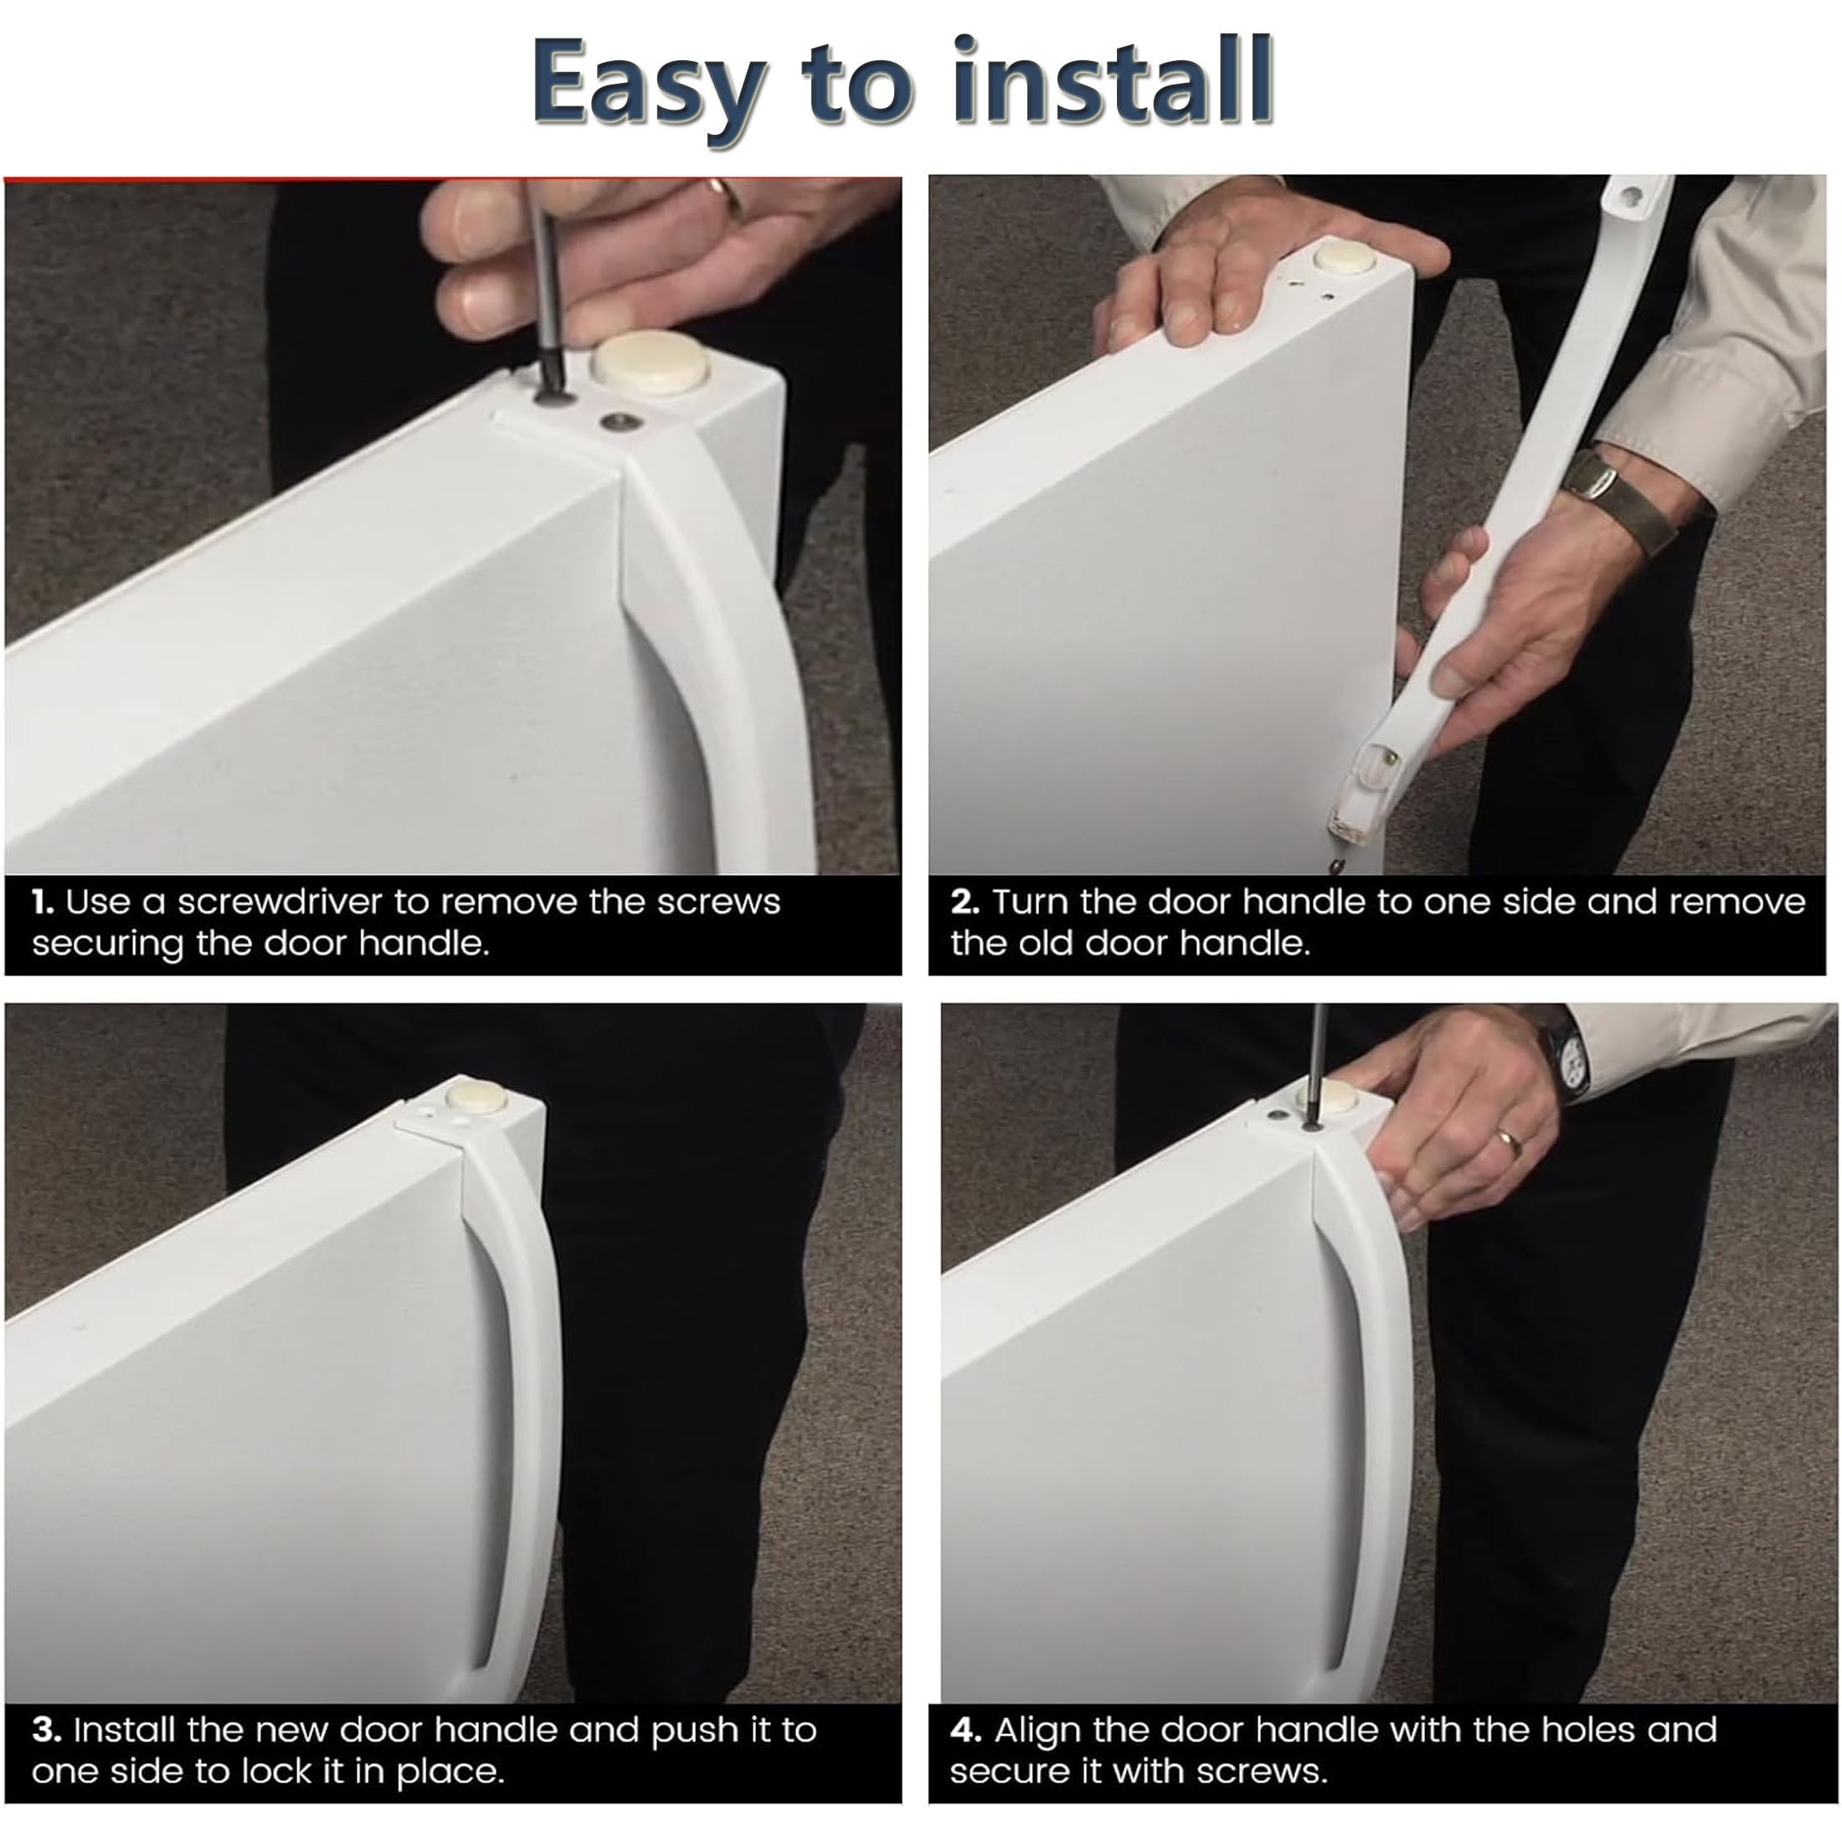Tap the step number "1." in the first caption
(43, 902)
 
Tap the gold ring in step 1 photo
(730, 199)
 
